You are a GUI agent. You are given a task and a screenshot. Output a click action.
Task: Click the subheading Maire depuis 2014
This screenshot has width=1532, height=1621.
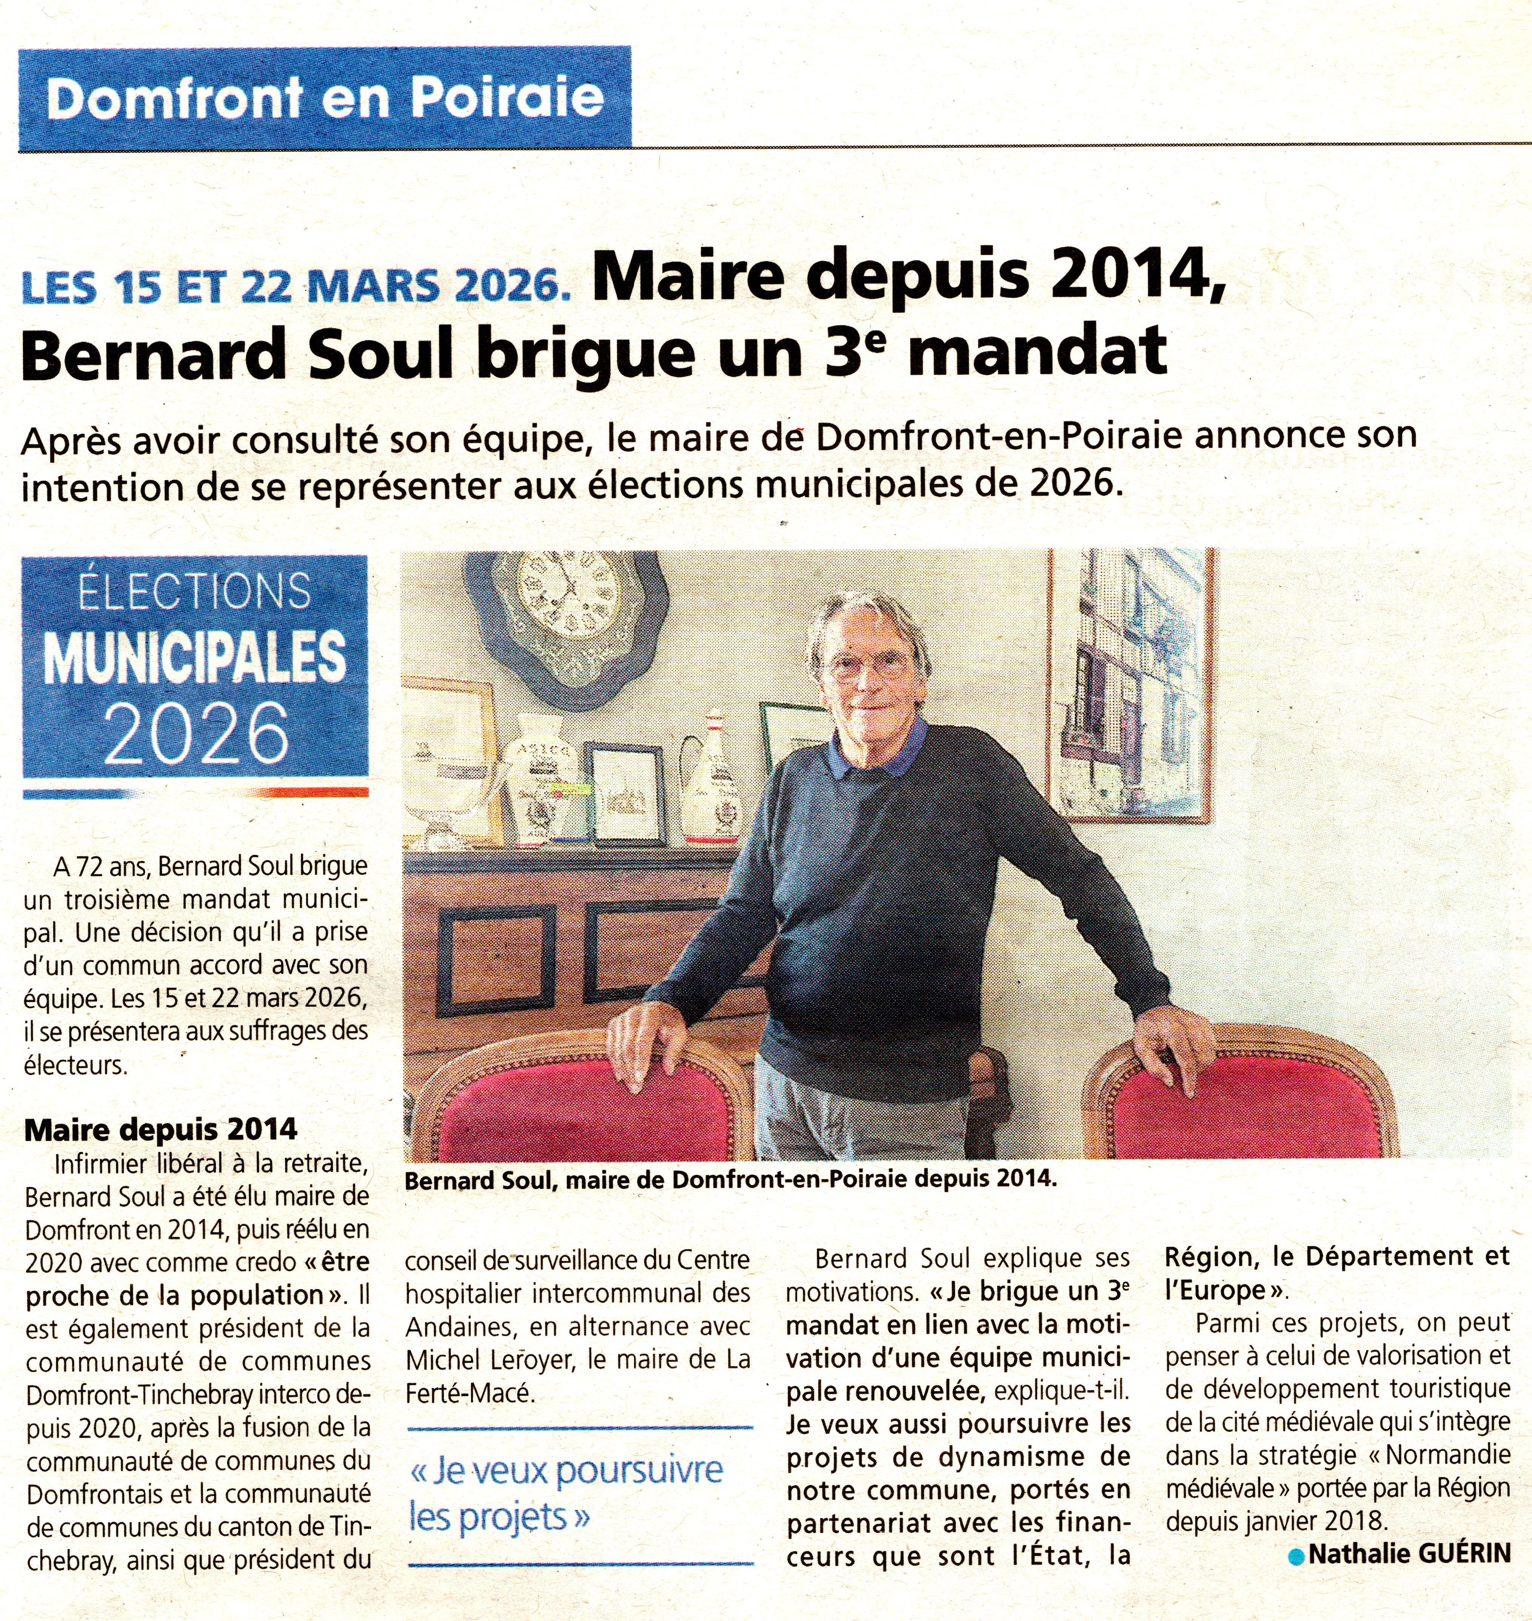click(x=161, y=1129)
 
